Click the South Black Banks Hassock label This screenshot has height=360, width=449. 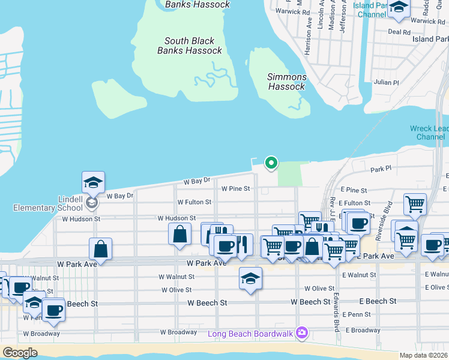coord(190,46)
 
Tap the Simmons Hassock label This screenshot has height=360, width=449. coord(287,82)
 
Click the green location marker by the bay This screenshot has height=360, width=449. coord(271,162)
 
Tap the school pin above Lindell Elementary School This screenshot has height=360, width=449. coord(93,183)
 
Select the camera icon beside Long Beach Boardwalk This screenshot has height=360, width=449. coord(302,332)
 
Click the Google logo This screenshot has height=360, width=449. coord(20,353)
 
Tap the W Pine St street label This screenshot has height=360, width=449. coord(235,188)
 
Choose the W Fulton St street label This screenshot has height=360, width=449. coord(194,203)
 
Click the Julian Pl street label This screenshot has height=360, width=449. coord(386,82)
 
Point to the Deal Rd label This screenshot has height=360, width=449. coord(399,32)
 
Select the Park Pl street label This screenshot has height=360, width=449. coord(381,170)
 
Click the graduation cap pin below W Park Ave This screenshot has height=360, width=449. coord(250,278)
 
